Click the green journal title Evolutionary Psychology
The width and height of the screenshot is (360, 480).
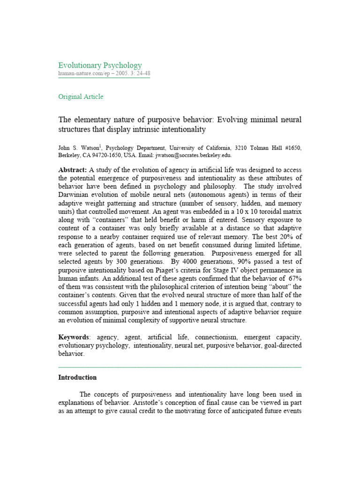pyautogui.click(x=100, y=65)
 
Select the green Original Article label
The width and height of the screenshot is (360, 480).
pyautogui.click(x=81, y=97)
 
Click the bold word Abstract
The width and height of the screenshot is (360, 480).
pyautogui.click(x=72, y=170)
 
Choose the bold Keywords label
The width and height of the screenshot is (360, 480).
pyautogui.click(x=74, y=337)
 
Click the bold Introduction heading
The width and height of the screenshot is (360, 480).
pyautogui.click(x=77, y=377)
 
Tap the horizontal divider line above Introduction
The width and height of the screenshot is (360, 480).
pyautogui.click(x=180, y=367)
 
